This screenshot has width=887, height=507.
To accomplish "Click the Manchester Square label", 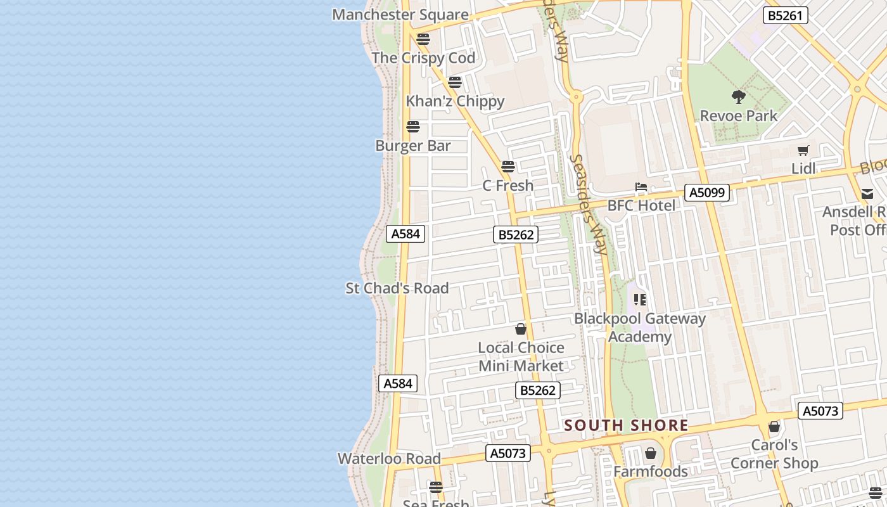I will pos(400,15).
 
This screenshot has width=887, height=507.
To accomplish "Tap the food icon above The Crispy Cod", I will pos(423,39).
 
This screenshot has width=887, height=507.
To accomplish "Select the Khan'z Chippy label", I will pos(455,101).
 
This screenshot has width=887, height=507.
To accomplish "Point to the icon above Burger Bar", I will pos(413,127).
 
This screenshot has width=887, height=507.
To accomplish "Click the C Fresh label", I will pos(508,186).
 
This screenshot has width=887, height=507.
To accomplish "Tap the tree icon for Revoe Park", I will pos(738,97).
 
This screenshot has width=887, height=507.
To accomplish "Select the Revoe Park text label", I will pos(738,116).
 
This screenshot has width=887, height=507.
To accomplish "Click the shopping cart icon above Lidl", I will pos(803,151).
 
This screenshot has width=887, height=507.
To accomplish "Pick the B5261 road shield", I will pos(785,15).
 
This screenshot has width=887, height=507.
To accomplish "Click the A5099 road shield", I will pos(706,192).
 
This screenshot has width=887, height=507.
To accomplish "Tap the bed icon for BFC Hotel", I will pos(641,188).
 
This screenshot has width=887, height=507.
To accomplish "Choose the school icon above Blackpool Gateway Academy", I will pos(640,299).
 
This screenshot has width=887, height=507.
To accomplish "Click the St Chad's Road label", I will pos(397,288).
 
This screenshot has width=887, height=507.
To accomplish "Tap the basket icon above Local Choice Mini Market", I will pos(521,329).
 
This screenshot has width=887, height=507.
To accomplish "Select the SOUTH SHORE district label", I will pos(626,425).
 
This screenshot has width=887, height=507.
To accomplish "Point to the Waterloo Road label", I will pos(389,459).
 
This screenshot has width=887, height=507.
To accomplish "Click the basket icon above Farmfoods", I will pos(650,453).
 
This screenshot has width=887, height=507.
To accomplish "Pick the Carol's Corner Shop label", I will pos(774,454).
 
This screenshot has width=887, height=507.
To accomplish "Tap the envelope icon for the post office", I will pos(867,194).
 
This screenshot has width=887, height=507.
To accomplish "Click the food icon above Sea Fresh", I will pos(436,487).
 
